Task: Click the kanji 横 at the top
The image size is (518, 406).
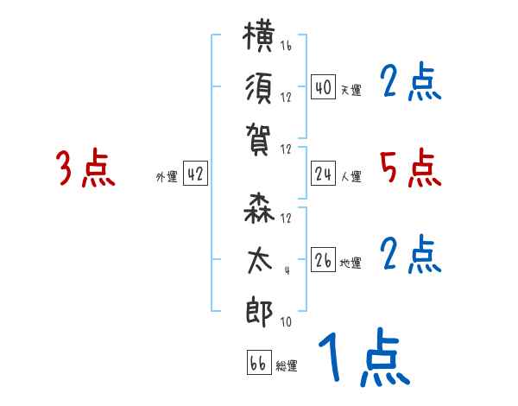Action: [260, 40]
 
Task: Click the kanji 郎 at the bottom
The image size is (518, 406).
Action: [260, 312]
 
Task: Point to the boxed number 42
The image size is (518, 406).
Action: [196, 174]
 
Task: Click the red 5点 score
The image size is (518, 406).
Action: [410, 168]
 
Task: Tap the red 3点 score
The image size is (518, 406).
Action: [85, 168]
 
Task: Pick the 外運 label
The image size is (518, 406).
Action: [167, 177]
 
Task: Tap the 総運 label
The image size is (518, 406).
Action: [287, 366]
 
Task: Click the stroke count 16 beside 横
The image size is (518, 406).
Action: [286, 46]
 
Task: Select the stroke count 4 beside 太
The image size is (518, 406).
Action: [286, 270]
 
